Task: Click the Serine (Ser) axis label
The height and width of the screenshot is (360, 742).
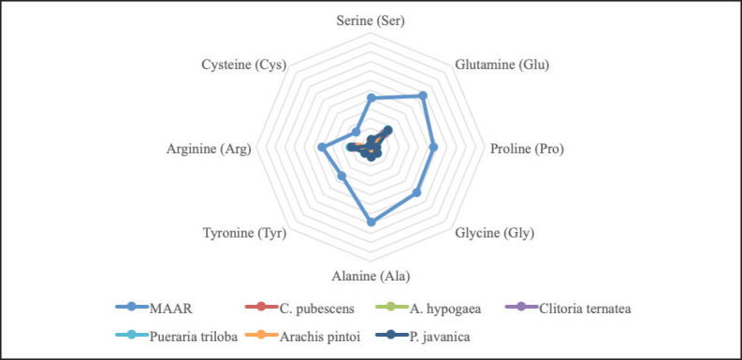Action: point(371,21)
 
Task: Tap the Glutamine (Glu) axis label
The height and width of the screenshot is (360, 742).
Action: point(502,65)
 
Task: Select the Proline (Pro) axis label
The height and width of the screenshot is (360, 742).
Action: point(527,149)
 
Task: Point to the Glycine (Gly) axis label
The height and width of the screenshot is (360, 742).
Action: point(494,233)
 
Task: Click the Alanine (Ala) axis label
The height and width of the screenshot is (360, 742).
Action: point(371,276)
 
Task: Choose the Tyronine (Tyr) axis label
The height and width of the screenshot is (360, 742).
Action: point(244,233)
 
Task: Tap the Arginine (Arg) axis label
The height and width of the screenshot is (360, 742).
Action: point(209,149)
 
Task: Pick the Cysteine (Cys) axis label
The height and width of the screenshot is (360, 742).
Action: point(244,65)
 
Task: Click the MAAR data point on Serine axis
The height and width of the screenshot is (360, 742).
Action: point(371,98)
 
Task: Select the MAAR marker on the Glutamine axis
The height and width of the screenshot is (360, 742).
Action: point(423,95)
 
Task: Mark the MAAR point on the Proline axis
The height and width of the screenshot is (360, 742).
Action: point(433,147)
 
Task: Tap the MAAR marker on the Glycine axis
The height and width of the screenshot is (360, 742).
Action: point(416,193)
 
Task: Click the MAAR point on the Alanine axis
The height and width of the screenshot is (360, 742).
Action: point(371,222)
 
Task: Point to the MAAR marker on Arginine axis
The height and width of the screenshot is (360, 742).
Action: point(321,147)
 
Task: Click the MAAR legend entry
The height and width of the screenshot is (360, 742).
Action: point(154,309)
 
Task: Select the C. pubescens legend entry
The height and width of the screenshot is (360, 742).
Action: point(299,309)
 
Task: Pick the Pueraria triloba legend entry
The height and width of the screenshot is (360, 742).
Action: point(177,337)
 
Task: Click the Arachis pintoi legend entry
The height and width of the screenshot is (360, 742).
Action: point(302,337)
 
